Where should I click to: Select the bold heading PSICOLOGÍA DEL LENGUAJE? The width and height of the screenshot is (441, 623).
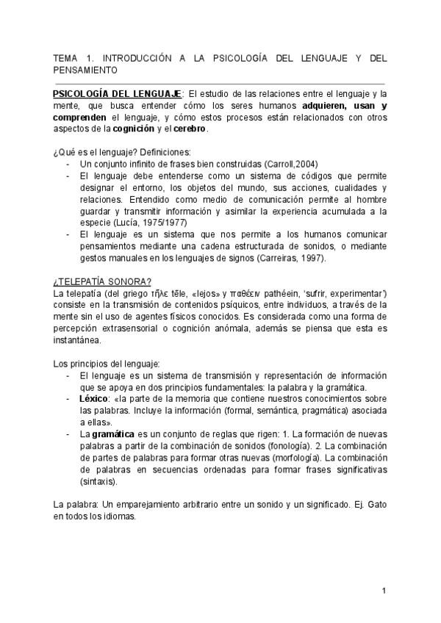(x=117, y=94)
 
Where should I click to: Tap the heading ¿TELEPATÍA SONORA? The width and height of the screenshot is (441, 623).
(x=92, y=282)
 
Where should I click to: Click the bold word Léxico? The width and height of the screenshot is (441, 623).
(x=93, y=399)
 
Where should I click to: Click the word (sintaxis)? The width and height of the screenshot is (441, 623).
(x=98, y=483)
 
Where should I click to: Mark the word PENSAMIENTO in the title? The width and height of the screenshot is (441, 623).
(x=86, y=69)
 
